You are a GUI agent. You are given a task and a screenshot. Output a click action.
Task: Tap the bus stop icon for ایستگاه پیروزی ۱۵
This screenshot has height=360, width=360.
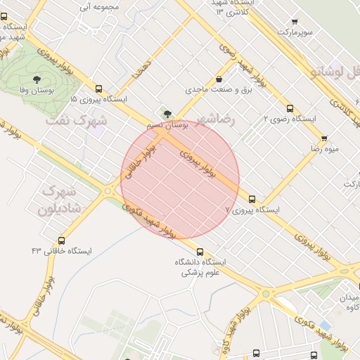coord(98,89)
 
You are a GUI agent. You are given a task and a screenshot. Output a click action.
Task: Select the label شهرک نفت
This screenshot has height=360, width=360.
coord(76,120)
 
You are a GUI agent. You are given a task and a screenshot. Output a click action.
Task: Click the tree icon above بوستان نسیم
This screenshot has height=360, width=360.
coord(167,112)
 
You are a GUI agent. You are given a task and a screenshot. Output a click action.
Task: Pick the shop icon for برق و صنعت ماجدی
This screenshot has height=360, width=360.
coord(220,79)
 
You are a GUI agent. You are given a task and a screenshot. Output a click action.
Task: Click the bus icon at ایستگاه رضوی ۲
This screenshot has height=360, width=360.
coord(290,108)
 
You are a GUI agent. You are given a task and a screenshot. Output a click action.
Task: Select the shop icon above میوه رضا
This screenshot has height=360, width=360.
coord(323,139)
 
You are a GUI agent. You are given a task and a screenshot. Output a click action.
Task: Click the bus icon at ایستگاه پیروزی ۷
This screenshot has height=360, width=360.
coord(252,199)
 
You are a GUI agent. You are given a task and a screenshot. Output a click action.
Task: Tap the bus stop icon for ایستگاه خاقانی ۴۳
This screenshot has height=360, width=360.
coord(62,240)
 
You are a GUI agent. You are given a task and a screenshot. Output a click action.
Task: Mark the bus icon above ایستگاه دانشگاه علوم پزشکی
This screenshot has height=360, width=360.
coord(200,252)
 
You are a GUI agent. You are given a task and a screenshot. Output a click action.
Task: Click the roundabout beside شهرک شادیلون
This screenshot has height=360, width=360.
coord(108,190)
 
